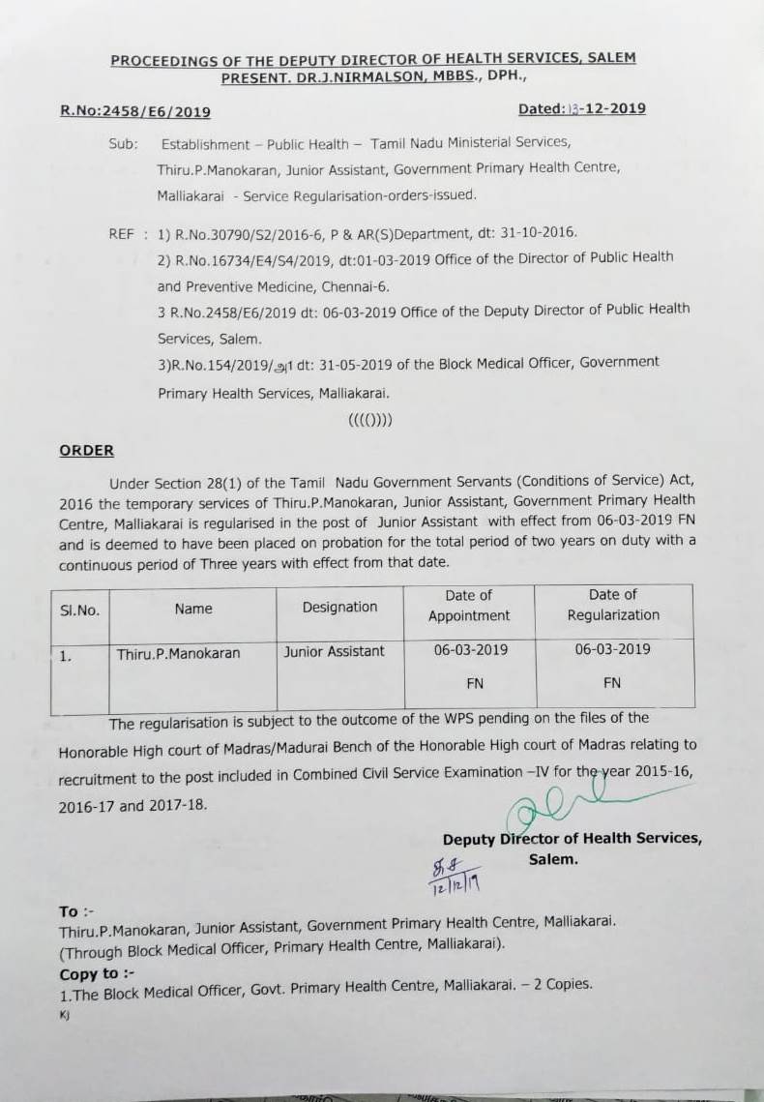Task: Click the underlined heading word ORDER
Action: click(x=86, y=451)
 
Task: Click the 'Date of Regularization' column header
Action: click(x=613, y=605)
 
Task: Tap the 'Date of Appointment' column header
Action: click(x=468, y=605)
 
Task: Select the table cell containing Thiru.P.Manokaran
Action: click(x=179, y=653)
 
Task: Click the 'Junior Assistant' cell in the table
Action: click(x=334, y=651)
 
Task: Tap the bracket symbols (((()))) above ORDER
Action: click(x=369, y=422)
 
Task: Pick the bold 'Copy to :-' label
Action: click(x=89, y=973)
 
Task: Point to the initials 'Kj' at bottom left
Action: click(x=65, y=1016)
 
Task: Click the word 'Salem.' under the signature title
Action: click(x=553, y=858)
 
